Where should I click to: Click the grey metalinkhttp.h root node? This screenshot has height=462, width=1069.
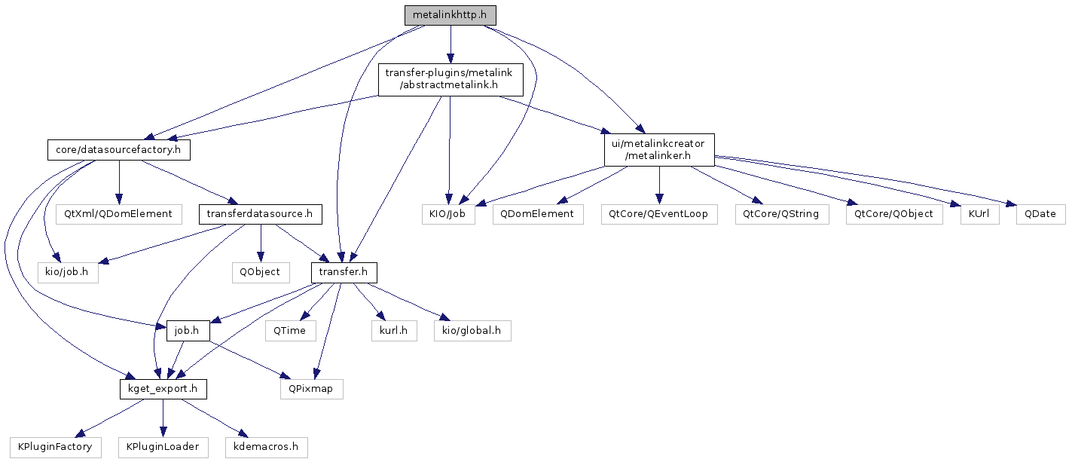click(450, 15)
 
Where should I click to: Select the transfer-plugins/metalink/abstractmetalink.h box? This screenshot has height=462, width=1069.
click(451, 80)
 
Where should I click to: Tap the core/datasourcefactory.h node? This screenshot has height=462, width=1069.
click(119, 150)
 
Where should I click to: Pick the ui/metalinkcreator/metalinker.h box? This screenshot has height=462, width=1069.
click(659, 150)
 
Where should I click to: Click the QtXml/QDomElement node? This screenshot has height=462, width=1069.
click(119, 214)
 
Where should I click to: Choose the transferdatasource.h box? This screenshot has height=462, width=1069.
click(261, 214)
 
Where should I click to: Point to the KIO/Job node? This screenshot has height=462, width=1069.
click(448, 214)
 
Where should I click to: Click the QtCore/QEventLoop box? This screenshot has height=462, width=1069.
click(659, 214)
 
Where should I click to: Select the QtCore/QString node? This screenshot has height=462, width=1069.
click(782, 214)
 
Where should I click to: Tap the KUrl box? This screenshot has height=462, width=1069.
click(980, 214)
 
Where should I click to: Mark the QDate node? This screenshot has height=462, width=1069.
click(1041, 214)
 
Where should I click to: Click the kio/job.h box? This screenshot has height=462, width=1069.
click(68, 273)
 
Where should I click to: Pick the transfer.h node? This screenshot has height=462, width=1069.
click(344, 273)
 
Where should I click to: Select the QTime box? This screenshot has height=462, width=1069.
click(291, 331)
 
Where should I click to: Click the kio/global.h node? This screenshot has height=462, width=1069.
click(472, 331)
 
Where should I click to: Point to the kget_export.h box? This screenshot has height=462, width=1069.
click(163, 389)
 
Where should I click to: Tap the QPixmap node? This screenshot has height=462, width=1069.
click(312, 389)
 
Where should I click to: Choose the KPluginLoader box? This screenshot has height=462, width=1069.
click(163, 447)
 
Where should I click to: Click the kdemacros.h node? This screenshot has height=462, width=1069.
click(267, 447)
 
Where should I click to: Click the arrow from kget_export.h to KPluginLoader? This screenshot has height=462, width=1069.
click(163, 418)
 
